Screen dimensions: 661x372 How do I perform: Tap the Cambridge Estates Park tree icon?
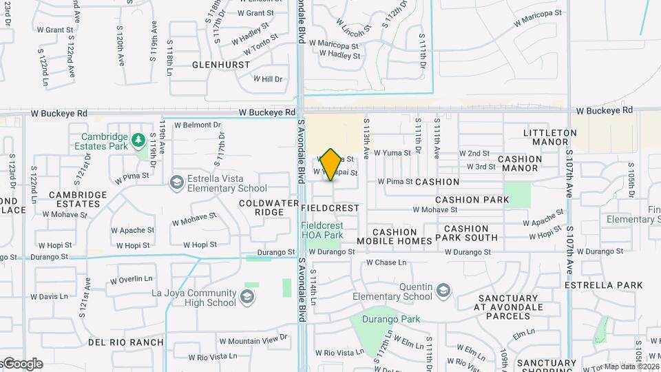[x=138, y=140]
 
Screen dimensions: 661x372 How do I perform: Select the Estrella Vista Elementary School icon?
[x=177, y=181]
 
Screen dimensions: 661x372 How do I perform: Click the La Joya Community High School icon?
[x=247, y=297]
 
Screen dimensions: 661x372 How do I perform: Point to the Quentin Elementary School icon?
[x=443, y=289]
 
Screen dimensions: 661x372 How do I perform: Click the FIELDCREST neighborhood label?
[x=330, y=207]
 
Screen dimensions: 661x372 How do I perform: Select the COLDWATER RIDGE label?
[x=261, y=207]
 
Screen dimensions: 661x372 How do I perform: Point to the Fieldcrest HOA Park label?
[x=322, y=230]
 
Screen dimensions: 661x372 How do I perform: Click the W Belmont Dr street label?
[x=197, y=125]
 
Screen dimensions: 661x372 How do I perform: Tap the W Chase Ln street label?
[x=388, y=262]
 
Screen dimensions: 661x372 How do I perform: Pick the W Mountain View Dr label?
[x=253, y=340]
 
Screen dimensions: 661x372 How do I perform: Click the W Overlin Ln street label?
[x=132, y=279]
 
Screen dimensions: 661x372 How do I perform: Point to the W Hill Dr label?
[x=269, y=79]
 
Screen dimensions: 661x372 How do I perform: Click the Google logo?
[x=23, y=363]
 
